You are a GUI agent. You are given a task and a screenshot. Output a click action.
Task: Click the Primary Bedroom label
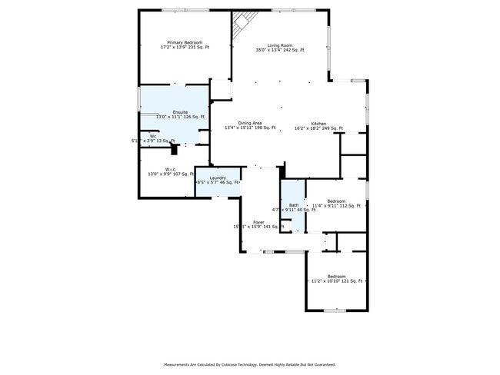pyautogui.click(x=185, y=42)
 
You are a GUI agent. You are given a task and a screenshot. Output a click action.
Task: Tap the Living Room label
pyautogui.click(x=279, y=45)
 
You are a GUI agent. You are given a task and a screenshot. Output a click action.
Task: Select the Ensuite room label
pyautogui.click(x=180, y=112)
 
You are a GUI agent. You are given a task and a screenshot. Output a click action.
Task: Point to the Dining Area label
pyautogui.click(x=249, y=123)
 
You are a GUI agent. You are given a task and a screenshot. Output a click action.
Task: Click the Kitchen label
pyautogui.click(x=318, y=124)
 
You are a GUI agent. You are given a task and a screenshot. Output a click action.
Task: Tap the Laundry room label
pyautogui.click(x=218, y=178)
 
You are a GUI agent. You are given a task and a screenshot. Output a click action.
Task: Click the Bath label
pyautogui.click(x=294, y=204)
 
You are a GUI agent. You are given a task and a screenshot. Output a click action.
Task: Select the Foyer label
pyautogui.click(x=258, y=222)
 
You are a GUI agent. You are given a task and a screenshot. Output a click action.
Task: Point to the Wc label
pyautogui.click(x=153, y=136)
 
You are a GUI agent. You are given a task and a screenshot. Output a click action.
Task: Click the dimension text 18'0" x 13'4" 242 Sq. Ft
pyautogui.click(x=280, y=50)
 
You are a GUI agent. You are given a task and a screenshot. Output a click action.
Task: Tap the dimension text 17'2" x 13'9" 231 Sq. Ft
pyautogui.click(x=185, y=48)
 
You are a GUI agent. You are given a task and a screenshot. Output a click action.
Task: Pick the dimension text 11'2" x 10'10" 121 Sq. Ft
pyautogui.click(x=336, y=281)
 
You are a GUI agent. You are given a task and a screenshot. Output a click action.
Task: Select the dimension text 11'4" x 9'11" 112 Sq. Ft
pyautogui.click(x=336, y=206)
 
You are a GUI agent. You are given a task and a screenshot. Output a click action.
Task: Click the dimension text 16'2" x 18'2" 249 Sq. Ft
pyautogui.click(x=318, y=128)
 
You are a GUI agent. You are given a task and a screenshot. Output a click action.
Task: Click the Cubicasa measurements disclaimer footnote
pyautogui.click(x=249, y=364)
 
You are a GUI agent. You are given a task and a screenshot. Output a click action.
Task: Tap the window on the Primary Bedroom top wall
pyautogui.click(x=185, y=10)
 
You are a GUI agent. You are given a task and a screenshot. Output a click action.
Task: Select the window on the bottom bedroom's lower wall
pyautogui.click(x=335, y=310)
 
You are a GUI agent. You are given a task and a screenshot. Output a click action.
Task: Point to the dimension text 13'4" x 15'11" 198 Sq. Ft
pyautogui.click(x=250, y=128)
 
